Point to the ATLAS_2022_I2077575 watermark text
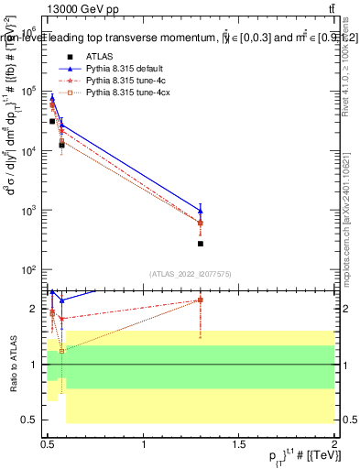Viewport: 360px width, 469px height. click(x=191, y=274)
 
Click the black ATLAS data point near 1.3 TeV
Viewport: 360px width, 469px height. click(x=201, y=244)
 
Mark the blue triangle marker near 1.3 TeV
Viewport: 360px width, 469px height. click(x=201, y=211)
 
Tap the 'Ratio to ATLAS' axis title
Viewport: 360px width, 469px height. click(x=13, y=364)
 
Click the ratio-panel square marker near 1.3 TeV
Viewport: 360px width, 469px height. click(x=201, y=300)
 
